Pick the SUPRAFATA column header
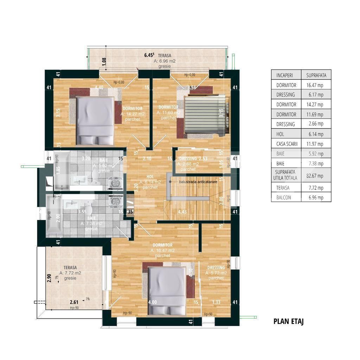click(316, 75)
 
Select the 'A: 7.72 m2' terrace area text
click(70, 273)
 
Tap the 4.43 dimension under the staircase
click(182, 212)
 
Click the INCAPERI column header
click(284, 75)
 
